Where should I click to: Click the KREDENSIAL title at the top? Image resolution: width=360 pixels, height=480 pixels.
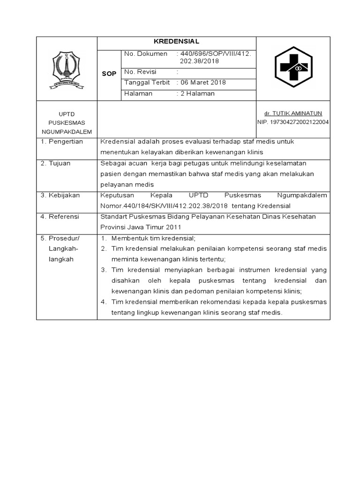point(176,41)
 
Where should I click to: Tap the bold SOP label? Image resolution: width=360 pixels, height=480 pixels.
point(109,74)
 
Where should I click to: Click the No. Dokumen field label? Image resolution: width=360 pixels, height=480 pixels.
point(145,54)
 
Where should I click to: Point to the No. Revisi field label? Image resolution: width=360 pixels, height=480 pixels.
point(140,72)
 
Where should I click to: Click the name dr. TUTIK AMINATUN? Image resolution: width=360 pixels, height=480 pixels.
point(293,113)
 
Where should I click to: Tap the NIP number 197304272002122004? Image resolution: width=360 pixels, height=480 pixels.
point(293,122)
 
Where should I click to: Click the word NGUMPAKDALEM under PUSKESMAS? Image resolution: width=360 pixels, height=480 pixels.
point(67,132)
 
